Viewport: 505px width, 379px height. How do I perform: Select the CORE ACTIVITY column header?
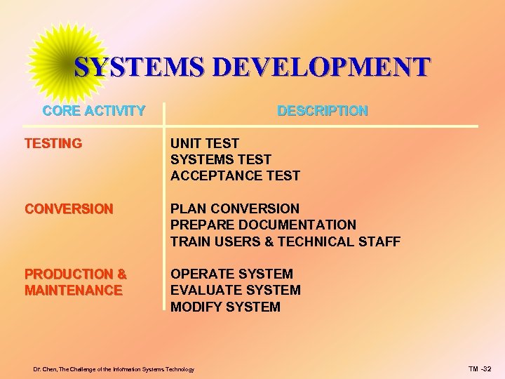94,111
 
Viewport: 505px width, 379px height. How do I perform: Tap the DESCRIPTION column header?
322,111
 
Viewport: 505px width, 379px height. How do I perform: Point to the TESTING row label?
53,144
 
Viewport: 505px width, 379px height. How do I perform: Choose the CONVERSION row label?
69,209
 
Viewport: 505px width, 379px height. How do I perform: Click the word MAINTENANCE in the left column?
74,291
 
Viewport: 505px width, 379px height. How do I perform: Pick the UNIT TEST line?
205,144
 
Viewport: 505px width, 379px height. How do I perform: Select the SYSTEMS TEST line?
221,160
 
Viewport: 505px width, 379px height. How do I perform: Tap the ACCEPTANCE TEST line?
235,176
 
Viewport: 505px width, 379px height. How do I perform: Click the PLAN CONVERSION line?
235,209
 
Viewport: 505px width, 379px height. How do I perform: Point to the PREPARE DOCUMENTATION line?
263,225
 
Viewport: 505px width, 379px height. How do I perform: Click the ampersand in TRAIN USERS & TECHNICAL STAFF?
269,242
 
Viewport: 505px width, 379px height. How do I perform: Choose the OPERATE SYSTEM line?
232,274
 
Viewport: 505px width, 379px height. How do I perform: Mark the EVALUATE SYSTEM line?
236,291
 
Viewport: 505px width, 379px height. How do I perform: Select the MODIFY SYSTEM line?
225,307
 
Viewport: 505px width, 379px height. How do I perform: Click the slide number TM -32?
480,369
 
